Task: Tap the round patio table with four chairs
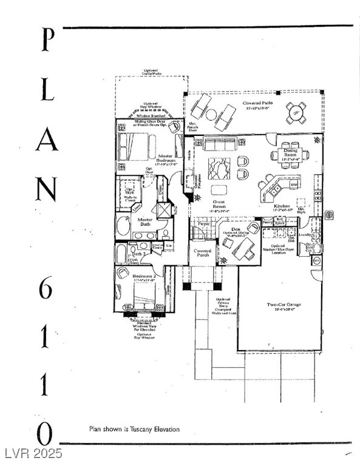296,112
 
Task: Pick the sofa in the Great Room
220,144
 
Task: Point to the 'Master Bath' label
144,222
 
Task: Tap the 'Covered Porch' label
202,253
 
